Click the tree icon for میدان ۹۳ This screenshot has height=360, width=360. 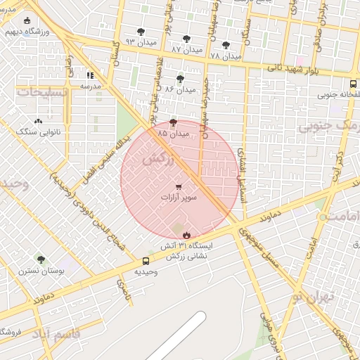[x=141, y=32]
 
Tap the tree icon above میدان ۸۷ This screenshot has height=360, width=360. [x=186, y=39]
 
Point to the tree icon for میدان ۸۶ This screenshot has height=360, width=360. [x=181, y=79]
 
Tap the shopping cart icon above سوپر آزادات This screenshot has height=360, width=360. [x=179, y=187]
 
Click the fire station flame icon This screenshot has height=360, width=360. [x=186, y=235]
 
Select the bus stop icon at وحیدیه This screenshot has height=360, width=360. [x=146, y=261]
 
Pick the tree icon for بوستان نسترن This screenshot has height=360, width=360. [x=41, y=259]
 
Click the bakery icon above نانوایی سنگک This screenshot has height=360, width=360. [x=38, y=122]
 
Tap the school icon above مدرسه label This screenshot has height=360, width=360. [x=90, y=75]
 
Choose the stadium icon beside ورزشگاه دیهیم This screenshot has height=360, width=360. [x=27, y=21]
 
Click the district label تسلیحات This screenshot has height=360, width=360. [x=42, y=92]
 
